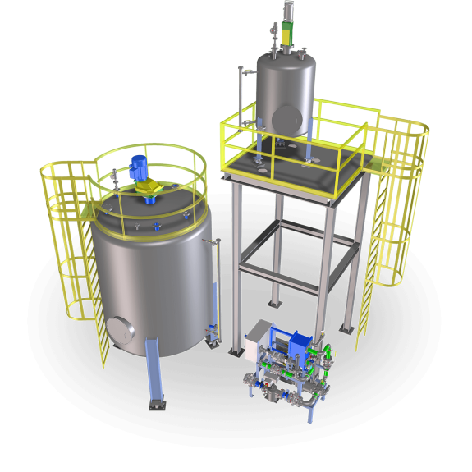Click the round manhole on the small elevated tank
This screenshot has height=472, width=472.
coord(286,115)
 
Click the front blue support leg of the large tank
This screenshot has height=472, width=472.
coord(154,369)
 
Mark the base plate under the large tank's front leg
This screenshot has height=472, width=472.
coord(156,404)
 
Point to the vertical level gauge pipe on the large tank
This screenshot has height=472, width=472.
coord(218,287)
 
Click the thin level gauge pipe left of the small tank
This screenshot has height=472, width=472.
coord(241,99)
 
